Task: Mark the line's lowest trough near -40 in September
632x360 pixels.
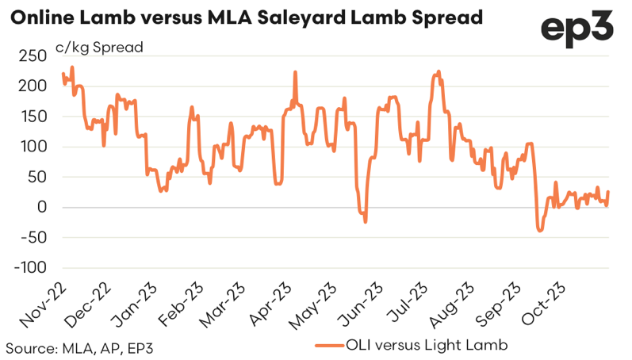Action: click(x=540, y=230)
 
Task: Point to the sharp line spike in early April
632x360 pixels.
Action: click(x=296, y=73)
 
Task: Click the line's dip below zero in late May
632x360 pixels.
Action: click(x=365, y=220)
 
